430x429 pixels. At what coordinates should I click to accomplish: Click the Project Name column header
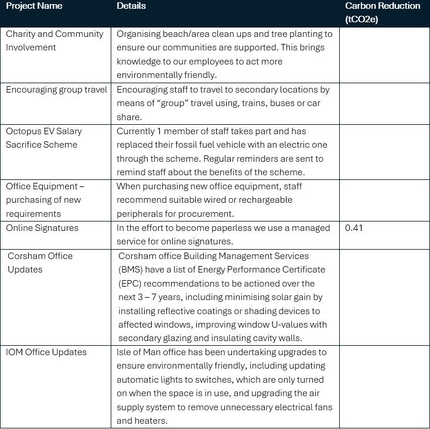click(34, 6)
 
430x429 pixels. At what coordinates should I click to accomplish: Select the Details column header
click(131, 6)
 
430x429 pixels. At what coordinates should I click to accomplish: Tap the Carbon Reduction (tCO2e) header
click(382, 12)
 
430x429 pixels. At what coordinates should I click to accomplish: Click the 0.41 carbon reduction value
click(354, 228)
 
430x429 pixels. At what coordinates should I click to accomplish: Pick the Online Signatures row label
click(42, 228)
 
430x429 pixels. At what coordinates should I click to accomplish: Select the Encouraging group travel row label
click(56, 90)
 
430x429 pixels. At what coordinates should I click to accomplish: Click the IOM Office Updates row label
click(46, 352)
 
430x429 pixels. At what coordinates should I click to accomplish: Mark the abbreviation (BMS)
click(132, 270)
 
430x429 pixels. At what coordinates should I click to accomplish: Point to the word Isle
click(126, 352)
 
